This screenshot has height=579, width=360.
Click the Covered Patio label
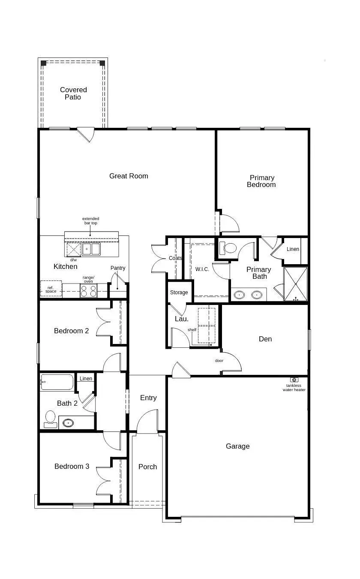pos(73,93)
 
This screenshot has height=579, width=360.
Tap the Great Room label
pos(129,176)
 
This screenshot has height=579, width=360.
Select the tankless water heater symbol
pos(294,380)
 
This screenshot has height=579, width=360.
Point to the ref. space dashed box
pos(51,289)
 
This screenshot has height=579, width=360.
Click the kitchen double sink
pos(91,249)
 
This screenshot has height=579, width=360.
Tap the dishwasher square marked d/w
pos(74,250)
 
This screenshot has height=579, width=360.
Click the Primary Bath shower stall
pos(296,284)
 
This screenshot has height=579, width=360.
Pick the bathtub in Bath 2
pos(57,382)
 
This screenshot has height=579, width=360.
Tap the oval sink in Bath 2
pos(68,423)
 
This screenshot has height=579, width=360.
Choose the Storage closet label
pos(179,293)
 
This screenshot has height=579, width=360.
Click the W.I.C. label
pos(202,269)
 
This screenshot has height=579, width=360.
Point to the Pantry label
pos(118,268)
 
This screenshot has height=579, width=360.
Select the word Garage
pos(237,446)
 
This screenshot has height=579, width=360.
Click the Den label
pos(265,339)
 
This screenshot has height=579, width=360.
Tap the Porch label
pos(148,467)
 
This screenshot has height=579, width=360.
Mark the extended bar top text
pos(91,221)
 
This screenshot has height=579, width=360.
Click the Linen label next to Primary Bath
pos(293,249)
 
